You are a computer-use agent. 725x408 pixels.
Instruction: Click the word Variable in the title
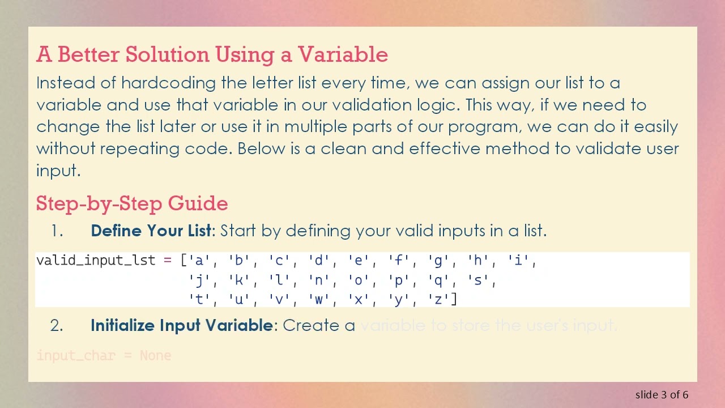[343, 54]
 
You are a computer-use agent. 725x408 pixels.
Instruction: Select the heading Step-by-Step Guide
[132, 203]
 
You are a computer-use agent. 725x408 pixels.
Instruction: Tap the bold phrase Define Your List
[150, 231]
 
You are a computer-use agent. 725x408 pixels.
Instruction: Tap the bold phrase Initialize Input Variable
[181, 325]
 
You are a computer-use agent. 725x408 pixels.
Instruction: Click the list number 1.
[56, 231]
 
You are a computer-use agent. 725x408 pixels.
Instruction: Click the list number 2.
[56, 325]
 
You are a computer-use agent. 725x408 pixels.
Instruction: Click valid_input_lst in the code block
[95, 261]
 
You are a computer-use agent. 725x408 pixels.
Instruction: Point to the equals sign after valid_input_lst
[168, 261]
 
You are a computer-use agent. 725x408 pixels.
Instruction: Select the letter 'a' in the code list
[199, 261]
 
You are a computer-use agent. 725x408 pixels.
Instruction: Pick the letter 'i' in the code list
[517, 261]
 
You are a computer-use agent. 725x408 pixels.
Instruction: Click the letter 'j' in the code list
[199, 280]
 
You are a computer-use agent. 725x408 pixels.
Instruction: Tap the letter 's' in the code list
[477, 280]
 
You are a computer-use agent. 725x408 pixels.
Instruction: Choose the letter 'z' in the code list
[438, 300]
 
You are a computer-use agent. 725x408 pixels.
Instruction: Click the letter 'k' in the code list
[238, 280]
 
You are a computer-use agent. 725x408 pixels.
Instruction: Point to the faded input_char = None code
[104, 356]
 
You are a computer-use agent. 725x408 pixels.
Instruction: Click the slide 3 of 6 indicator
[662, 394]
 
